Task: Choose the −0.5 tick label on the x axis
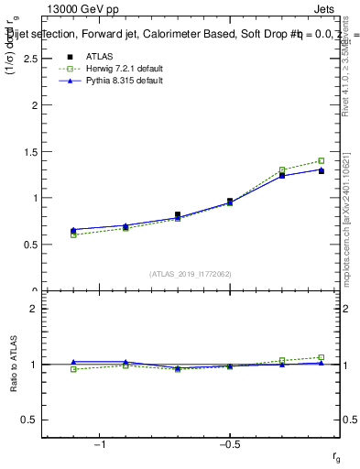coord(229,444)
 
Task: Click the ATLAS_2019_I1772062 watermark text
coord(191,274)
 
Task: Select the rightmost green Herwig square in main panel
coord(321,160)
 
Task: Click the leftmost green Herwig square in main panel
coord(73,234)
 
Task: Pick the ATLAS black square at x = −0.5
coord(230,201)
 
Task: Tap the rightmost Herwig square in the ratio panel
coord(321,357)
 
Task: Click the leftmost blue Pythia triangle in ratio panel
coord(73,362)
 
